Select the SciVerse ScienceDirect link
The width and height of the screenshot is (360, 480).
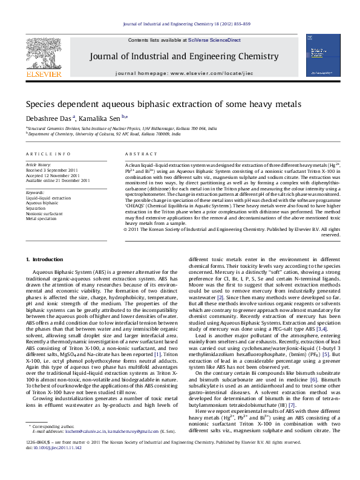[x=214, y=40]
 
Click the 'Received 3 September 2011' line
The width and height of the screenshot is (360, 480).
[x=52, y=170]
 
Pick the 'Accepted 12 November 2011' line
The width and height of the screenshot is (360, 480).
[x=53, y=175]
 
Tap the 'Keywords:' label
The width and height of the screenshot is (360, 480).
[x=35, y=192]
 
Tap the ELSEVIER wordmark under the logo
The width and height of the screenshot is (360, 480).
[x=43, y=74]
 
